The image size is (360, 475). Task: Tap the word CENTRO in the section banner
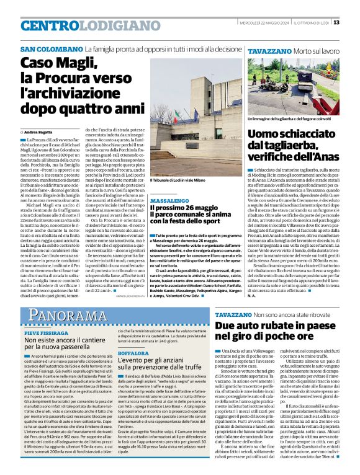point(47,25)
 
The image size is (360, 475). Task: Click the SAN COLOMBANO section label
point(52,49)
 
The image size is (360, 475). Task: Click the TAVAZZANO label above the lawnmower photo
point(268,49)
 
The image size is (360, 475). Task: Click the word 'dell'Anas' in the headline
point(313,159)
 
